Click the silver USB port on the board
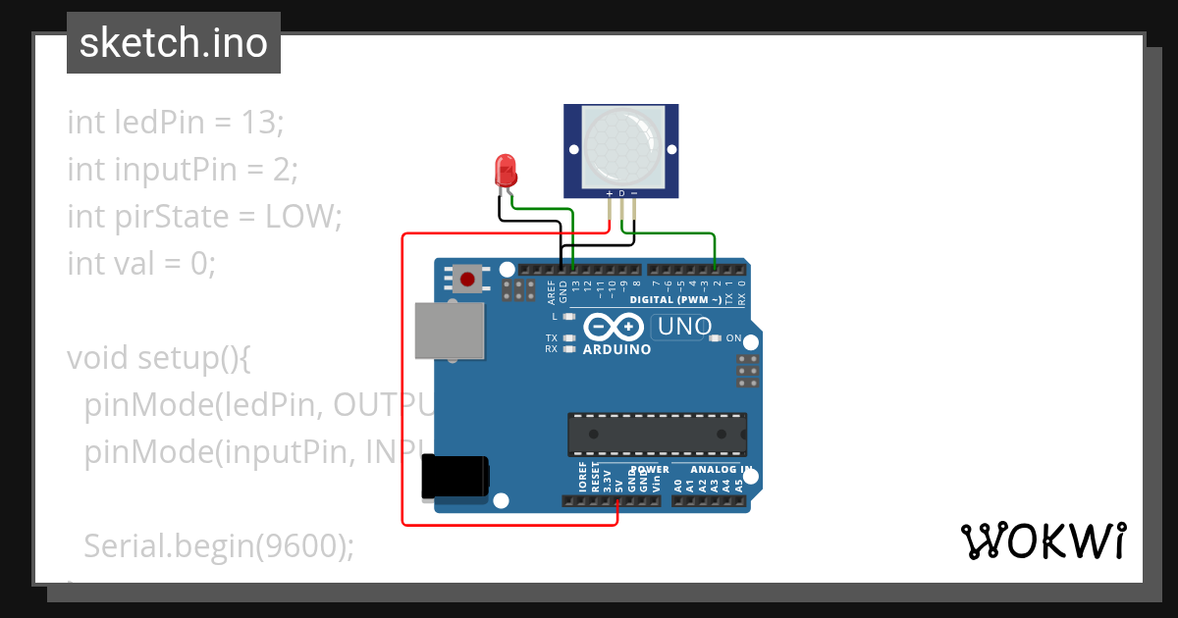click(451, 330)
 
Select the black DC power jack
click(454, 478)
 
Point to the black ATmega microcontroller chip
click(657, 434)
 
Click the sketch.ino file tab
click(174, 43)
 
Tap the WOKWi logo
click(1043, 541)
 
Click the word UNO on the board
click(684, 327)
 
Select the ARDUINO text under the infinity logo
click(616, 349)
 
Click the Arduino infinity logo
click(614, 326)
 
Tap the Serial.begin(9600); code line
click(219, 545)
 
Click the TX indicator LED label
click(552, 337)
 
